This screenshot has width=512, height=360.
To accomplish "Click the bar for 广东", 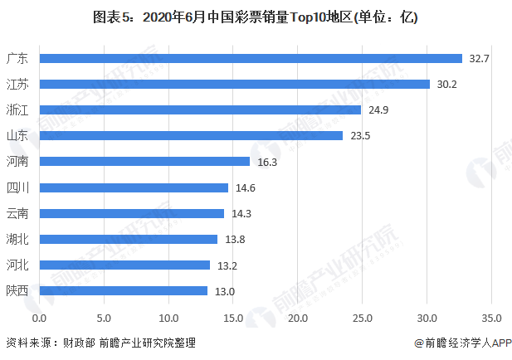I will point(250,58).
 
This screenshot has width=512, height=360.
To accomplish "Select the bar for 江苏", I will point(234,84).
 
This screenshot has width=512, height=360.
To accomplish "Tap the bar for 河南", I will point(144,162).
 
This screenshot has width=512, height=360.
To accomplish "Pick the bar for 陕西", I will point(123,290).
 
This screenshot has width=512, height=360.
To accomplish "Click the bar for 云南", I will point(131,213).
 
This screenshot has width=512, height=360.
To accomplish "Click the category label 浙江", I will point(17,110).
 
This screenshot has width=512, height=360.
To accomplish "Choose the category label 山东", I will point(17,136).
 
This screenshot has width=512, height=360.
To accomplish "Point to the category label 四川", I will point(17,187).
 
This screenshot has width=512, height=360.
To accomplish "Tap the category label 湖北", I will point(17,239).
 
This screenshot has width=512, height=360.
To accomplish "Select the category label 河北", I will point(17,265).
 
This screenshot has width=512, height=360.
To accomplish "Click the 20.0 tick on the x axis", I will point(298,318).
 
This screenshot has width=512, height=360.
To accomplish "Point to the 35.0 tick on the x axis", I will point(491,318).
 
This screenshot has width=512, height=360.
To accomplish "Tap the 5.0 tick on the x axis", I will point(104,318).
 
